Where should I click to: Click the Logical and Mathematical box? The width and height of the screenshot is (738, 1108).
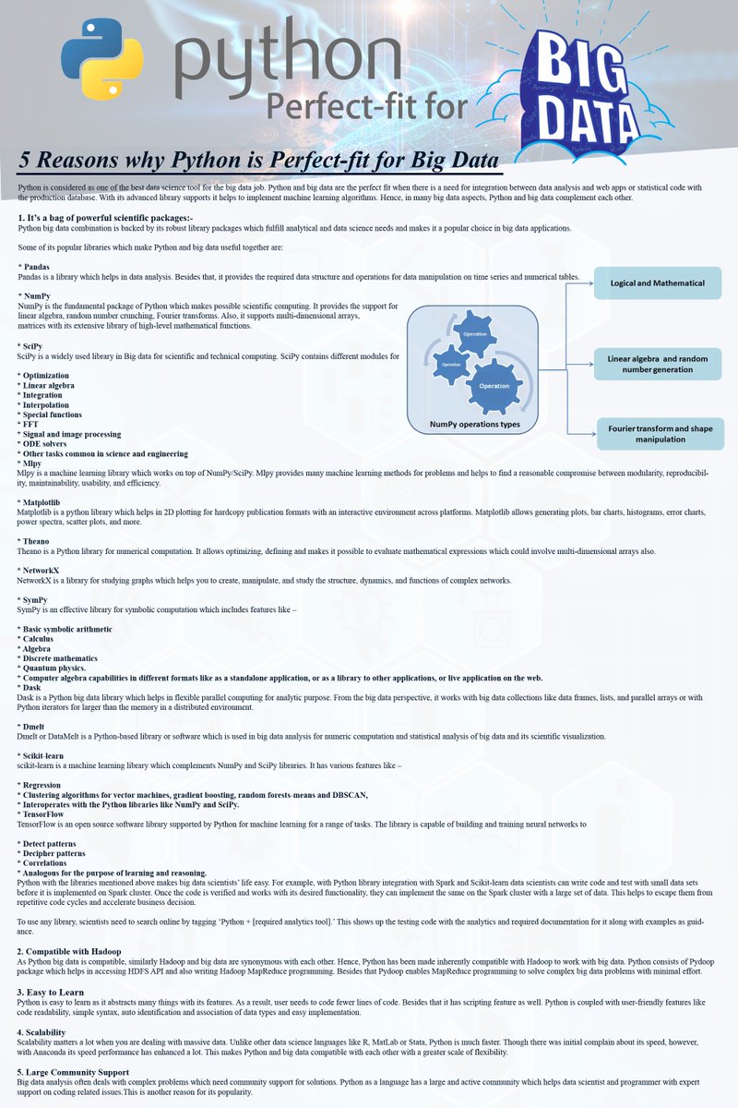pyautogui.click(x=656, y=283)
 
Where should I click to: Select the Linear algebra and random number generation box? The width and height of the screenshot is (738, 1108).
pyautogui.click(x=657, y=363)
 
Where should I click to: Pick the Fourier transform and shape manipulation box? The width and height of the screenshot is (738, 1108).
pyautogui.click(x=660, y=434)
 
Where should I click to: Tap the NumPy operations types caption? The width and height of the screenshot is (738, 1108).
pyautogui.click(x=474, y=425)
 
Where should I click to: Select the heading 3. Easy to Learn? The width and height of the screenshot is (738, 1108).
pyautogui.click(x=54, y=992)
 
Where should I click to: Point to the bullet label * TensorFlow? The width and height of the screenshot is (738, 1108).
pyautogui.click(x=45, y=813)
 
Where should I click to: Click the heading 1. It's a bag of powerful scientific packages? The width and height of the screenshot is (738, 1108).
pyautogui.click(x=105, y=217)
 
